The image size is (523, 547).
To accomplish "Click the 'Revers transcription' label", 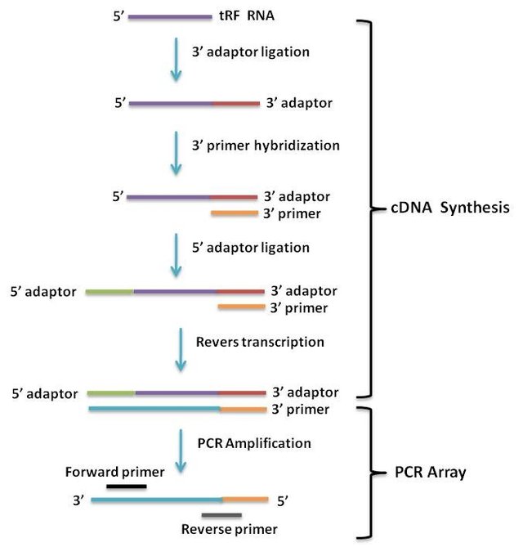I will click(x=261, y=341).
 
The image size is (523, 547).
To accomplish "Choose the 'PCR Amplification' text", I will click(x=254, y=443).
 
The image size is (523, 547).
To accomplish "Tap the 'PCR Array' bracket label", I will click(x=431, y=473).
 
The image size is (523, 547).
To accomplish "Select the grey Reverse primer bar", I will click(x=221, y=515).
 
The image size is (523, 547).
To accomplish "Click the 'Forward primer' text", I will click(x=115, y=472).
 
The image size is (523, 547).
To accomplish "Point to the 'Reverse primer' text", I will click(x=229, y=530).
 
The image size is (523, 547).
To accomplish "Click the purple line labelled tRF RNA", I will click(x=169, y=16).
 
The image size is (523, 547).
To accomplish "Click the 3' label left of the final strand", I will click(x=78, y=499).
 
